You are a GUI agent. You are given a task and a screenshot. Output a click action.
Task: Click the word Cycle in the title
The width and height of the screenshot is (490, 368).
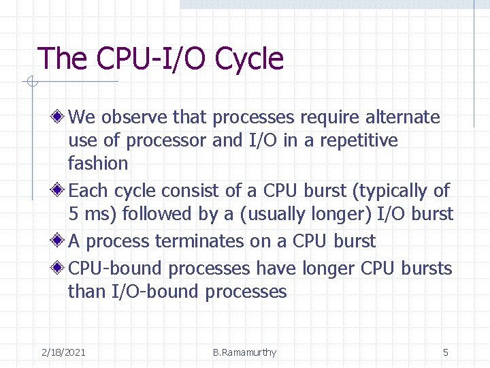(x=249, y=59)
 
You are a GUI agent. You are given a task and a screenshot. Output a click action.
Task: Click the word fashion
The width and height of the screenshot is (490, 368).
(x=98, y=164)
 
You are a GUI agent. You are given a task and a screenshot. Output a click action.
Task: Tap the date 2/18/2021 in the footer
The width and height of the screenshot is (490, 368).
(x=63, y=352)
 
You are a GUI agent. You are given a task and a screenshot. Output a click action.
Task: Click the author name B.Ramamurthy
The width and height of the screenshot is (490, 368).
(x=244, y=352)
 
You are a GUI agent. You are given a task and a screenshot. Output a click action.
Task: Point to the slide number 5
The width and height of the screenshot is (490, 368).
(x=446, y=352)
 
